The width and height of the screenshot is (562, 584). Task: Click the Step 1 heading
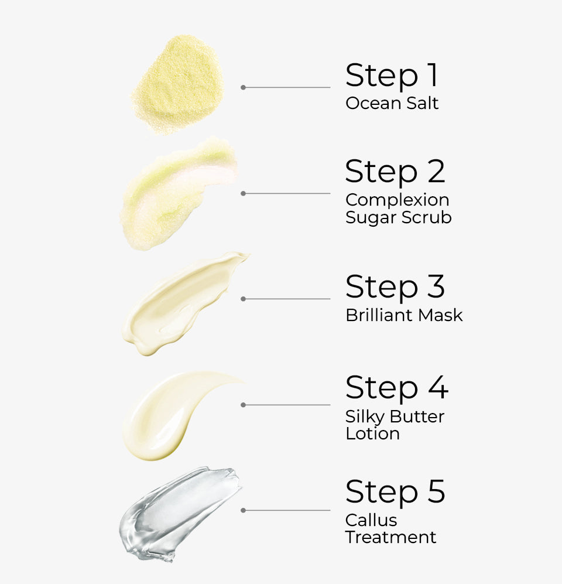391,76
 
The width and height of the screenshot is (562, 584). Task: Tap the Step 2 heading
395,172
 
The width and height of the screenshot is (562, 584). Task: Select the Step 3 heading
395,287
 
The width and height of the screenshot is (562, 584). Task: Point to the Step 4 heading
396,388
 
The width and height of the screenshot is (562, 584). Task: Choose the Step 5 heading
395,491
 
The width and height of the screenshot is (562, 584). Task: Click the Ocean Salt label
392,104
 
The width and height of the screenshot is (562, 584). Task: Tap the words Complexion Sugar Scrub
398,209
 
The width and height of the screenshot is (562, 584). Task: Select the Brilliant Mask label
404,315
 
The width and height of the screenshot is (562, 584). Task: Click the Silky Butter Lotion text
395,425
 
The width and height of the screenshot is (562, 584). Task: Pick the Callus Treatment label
390,528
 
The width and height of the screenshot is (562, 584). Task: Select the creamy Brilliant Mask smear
179,302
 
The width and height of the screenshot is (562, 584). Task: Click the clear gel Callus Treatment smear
179,513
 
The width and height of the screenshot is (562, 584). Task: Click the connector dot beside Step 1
243,87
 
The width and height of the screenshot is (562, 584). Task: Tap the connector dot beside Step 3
243,299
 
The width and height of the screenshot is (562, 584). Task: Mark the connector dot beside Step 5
243,510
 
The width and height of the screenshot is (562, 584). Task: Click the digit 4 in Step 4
437,388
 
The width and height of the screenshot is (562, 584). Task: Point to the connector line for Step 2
287,193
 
